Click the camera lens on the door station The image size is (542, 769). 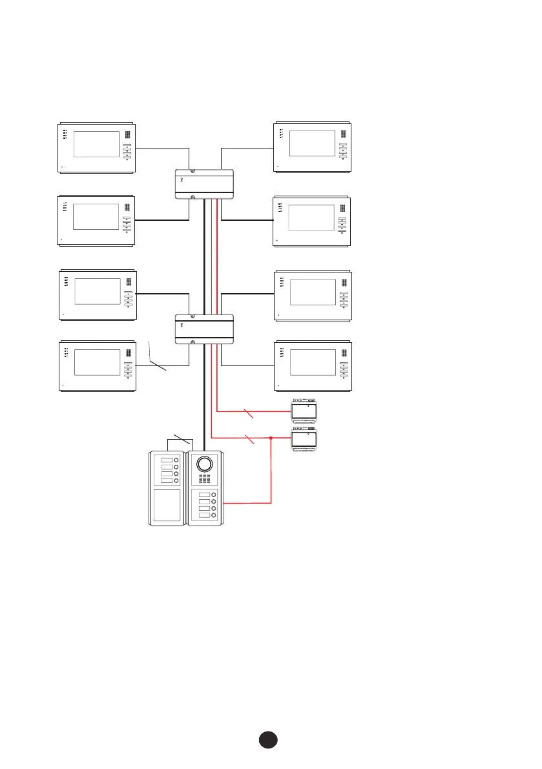pos(204,464)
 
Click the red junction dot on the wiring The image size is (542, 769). pos(271,437)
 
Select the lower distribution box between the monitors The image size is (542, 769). pos(204,329)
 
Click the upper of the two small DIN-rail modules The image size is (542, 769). pos(304,410)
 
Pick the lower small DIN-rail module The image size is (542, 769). pos(304,438)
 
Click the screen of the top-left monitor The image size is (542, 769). pos(96,144)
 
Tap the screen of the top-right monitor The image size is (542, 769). pos(312,143)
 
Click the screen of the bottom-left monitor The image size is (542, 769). pos(97,362)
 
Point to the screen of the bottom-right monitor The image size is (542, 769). pos(313,362)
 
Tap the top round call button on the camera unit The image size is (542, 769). pos(214,495)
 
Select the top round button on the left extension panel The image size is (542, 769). pos(175,460)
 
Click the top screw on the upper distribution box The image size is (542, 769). pos(183,172)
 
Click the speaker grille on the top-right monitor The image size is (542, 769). pos(343,137)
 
